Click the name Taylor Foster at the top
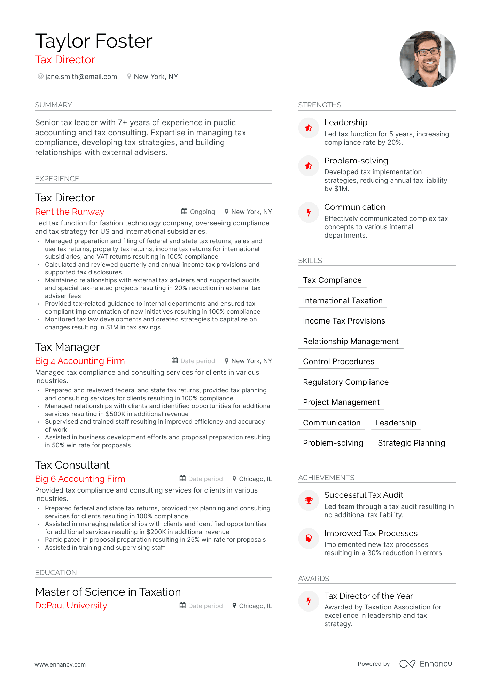[x=94, y=41]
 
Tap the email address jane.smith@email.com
[x=81, y=77]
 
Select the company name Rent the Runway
[x=70, y=212]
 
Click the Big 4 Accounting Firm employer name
[x=80, y=361]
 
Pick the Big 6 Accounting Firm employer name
[x=80, y=479]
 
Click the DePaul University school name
[x=71, y=605]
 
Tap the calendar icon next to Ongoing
[x=184, y=211]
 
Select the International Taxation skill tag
[x=343, y=301]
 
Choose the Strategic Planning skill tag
[x=411, y=443]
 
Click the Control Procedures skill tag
[x=338, y=361]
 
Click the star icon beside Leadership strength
[x=309, y=128]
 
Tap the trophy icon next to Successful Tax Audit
[x=309, y=501]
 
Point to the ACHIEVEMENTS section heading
[x=326, y=478]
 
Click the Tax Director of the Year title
[x=368, y=596]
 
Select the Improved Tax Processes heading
[x=371, y=533]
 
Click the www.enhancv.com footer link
[x=60, y=664]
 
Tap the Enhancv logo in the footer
[x=426, y=664]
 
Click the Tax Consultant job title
[x=72, y=465]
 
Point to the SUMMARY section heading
[x=53, y=105]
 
